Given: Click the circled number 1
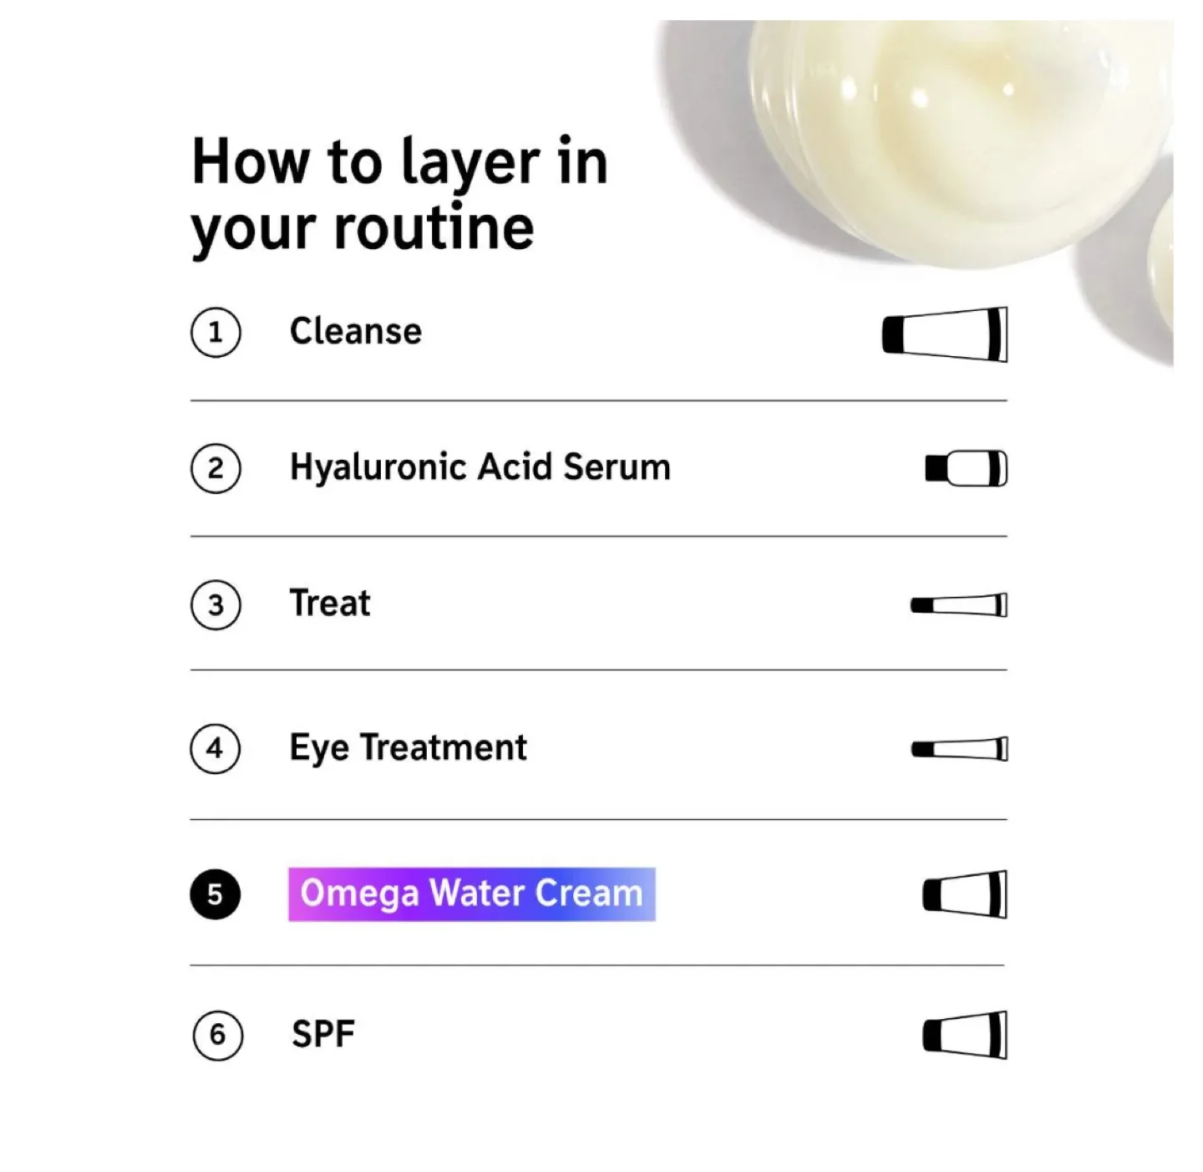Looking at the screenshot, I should point(216,333).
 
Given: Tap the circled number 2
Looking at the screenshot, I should point(216,468).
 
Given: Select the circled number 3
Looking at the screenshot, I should point(216,604).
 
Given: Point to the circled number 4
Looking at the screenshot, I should point(216,748).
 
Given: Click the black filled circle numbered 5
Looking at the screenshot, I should point(216,894).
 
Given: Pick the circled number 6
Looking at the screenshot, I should point(217,1035).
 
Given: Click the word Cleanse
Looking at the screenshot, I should point(356,332).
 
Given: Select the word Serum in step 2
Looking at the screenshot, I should point(617,467).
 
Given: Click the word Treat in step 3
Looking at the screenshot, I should point(330,603).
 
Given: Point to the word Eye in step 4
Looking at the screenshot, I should point(318,748).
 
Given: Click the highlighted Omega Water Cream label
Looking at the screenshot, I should point(471,894).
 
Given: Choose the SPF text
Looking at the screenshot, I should point(323,1034).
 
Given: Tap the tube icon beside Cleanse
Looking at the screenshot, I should point(945,334).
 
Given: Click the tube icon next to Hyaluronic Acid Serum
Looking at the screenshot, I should point(967,468).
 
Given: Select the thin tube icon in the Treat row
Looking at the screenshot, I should point(959,604).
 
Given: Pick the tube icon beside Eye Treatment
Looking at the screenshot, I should point(959,748).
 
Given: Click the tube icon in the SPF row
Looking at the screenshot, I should point(965,1035).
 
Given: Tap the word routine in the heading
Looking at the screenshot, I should point(434,228).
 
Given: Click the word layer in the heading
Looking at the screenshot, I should point(470,163).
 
